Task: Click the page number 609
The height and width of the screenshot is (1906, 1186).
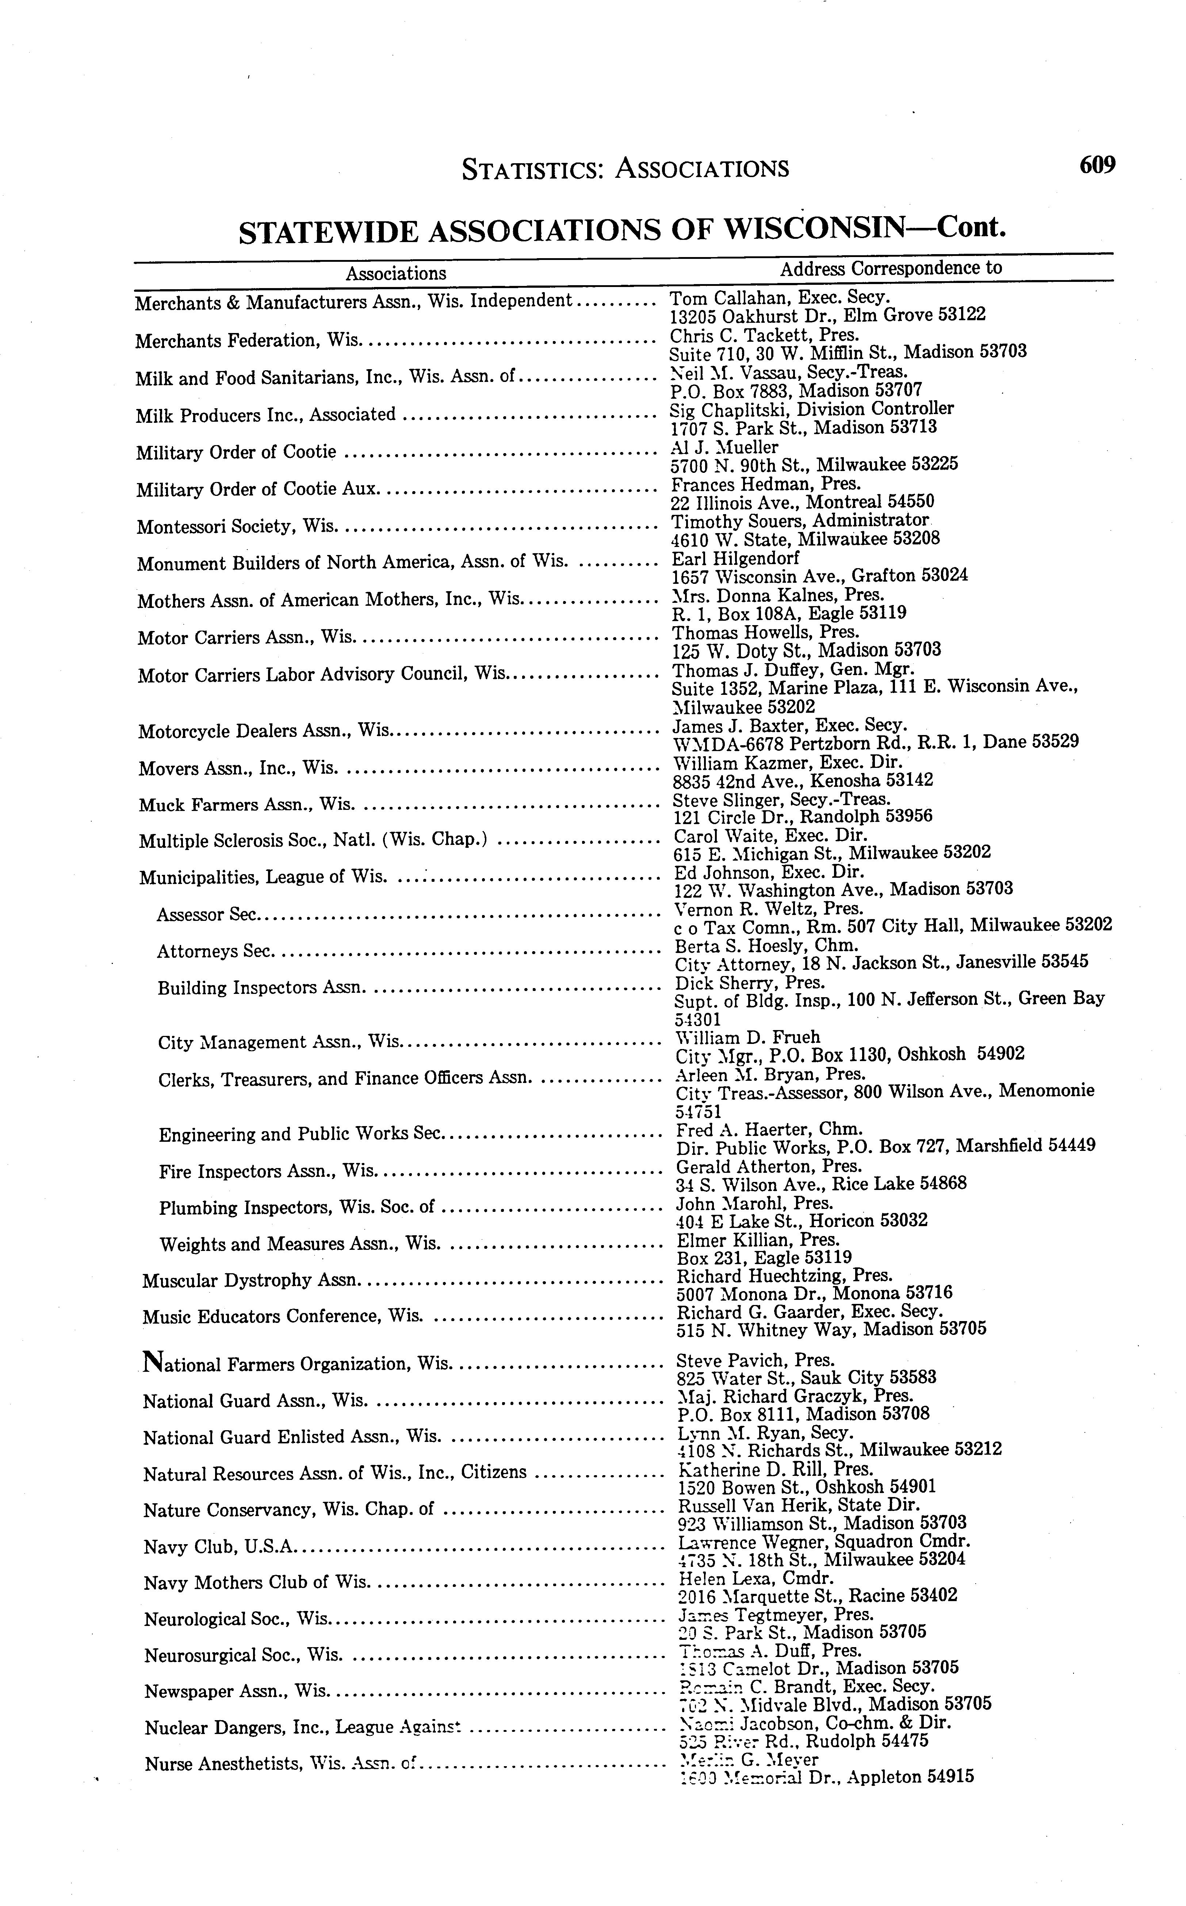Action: (x=1097, y=165)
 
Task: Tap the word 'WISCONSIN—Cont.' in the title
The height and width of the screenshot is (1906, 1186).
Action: (x=863, y=228)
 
